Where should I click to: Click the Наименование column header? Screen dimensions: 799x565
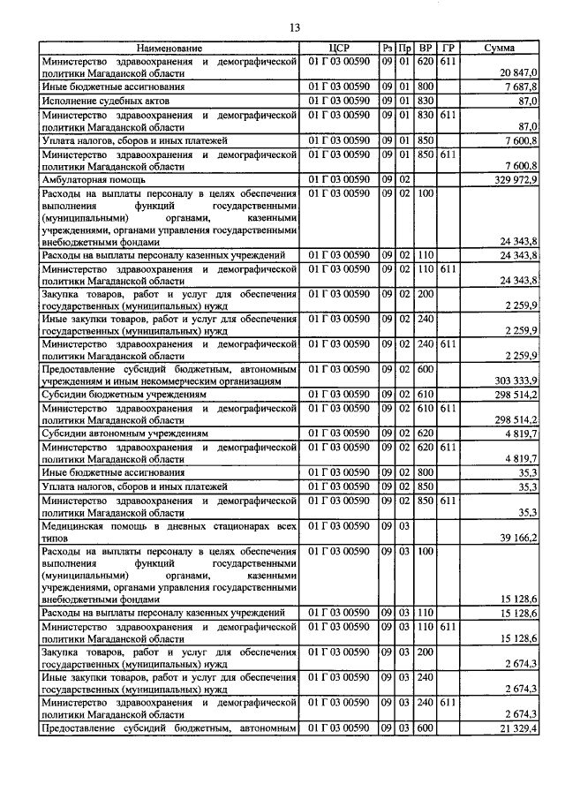(x=169, y=48)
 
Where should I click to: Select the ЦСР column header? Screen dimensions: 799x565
(x=340, y=48)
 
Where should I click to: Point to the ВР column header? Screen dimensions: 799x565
(x=426, y=48)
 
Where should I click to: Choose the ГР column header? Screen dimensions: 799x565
(x=448, y=48)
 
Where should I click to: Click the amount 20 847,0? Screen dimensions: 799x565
(x=518, y=72)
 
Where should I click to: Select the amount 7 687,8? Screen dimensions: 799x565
(x=520, y=87)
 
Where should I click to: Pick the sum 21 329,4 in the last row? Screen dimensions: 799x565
(x=519, y=727)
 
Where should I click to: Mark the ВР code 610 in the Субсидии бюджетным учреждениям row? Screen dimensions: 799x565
(x=426, y=395)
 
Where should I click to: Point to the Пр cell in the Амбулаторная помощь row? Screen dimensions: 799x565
(x=404, y=179)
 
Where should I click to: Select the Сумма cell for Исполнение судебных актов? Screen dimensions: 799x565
(x=529, y=101)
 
